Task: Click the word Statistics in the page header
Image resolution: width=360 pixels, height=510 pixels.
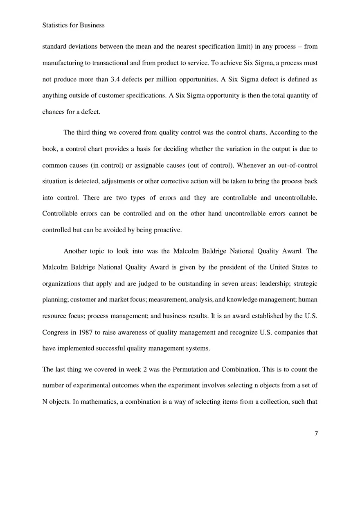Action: pos(55,25)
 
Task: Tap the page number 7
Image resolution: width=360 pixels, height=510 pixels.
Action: pos(316,434)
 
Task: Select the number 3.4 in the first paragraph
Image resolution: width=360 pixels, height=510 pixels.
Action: pos(117,79)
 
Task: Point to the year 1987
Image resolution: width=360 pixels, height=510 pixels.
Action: pos(84,332)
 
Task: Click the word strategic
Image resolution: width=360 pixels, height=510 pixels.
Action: pos(306,283)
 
